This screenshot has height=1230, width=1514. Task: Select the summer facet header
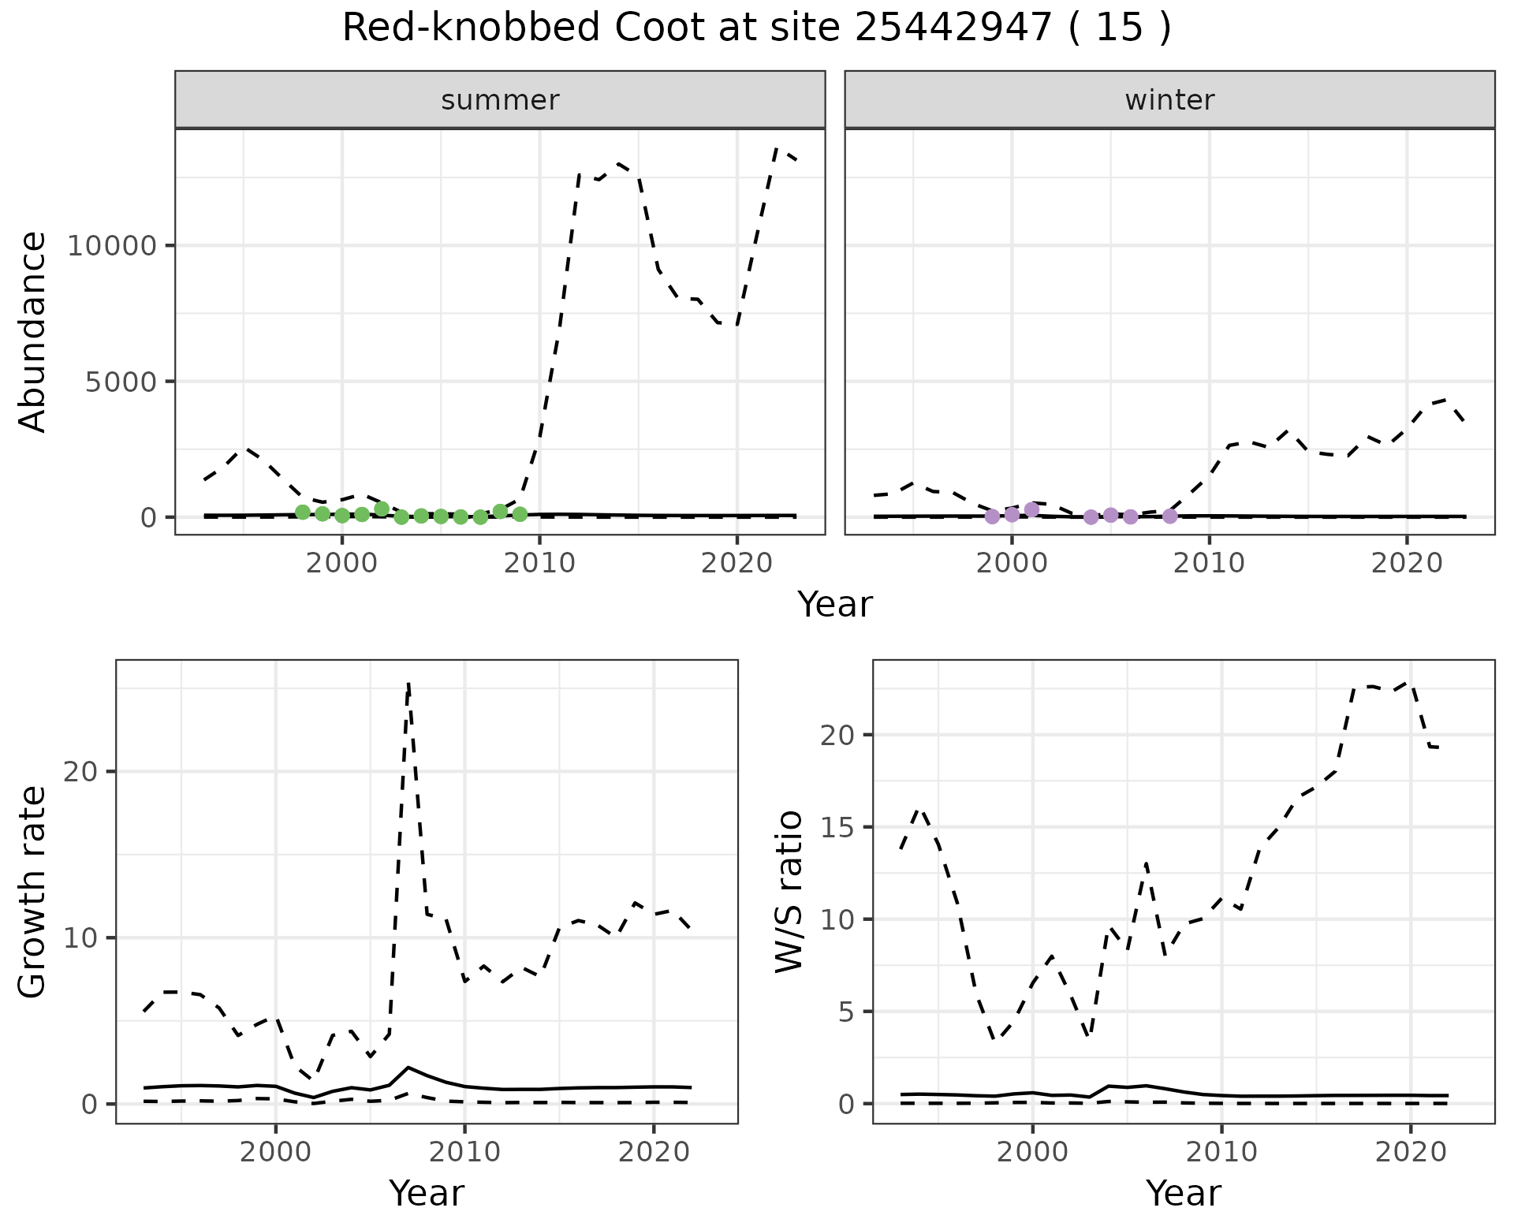(x=500, y=100)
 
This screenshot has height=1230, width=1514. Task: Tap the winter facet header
(x=1169, y=100)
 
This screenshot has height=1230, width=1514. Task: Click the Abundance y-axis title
(x=33, y=332)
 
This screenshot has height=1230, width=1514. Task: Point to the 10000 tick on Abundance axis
(x=113, y=246)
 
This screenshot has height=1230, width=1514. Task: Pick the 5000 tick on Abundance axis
(x=120, y=382)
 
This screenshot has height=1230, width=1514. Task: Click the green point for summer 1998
(x=303, y=512)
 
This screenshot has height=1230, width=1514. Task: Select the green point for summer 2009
(x=520, y=514)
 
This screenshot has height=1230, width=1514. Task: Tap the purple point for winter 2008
(x=1170, y=516)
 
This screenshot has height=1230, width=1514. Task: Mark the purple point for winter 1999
(x=992, y=516)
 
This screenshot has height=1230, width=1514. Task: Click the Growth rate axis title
(x=33, y=892)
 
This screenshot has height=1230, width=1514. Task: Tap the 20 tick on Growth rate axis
(x=81, y=772)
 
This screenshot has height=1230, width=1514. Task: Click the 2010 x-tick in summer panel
(x=539, y=563)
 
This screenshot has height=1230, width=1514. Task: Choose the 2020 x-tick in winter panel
(x=1407, y=563)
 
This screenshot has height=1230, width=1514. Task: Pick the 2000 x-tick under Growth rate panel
(x=275, y=1153)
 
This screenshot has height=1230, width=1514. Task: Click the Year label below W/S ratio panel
(x=1183, y=1193)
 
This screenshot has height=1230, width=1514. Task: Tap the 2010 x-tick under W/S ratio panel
(x=1221, y=1153)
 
